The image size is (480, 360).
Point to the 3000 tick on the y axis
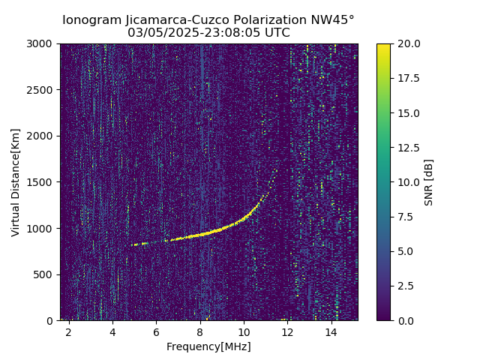coord(43,44)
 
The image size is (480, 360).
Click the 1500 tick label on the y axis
coord(43,182)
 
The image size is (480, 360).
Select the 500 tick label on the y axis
coord(46,274)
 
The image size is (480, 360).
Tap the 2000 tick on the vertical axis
coord(43,136)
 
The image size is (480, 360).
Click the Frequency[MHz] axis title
coord(208,346)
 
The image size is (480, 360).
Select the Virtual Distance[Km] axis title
coord(16,182)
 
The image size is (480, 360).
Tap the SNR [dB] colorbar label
coord(429,182)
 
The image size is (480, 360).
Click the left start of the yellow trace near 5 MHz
coord(133,244)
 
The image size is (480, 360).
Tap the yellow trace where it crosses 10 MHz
coord(244,219)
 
